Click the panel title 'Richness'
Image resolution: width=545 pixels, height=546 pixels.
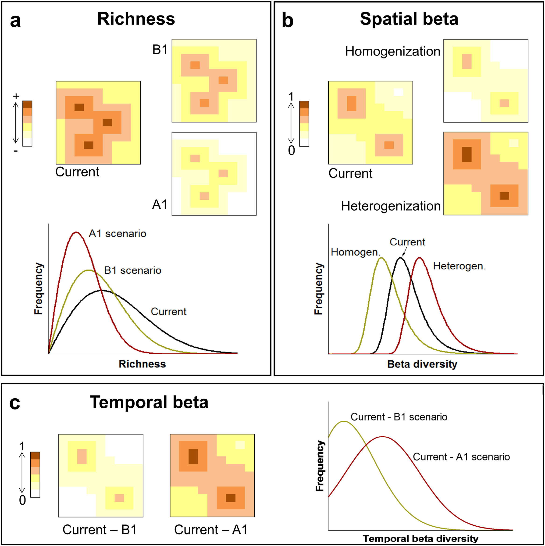click(x=136, y=19)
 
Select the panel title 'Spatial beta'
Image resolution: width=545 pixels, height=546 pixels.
click(x=409, y=19)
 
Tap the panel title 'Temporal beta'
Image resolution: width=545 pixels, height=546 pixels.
click(x=149, y=402)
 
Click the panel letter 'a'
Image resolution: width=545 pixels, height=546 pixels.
click(x=15, y=21)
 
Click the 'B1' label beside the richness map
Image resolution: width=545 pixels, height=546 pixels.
click(x=160, y=50)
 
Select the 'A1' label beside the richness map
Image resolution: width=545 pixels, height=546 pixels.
click(x=160, y=205)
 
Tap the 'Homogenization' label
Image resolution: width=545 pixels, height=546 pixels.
click(x=392, y=51)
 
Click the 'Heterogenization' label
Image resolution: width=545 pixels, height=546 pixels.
click(x=391, y=206)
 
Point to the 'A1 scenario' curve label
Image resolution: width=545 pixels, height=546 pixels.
click(x=118, y=234)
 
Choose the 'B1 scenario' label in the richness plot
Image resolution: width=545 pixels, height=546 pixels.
click(x=132, y=270)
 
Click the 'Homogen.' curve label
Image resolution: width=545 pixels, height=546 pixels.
click(x=356, y=252)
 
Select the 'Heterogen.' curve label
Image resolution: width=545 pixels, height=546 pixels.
click(x=460, y=266)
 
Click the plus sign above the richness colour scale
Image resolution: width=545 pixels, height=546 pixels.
click(x=16, y=96)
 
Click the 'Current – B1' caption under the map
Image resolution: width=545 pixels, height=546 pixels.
click(x=100, y=530)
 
